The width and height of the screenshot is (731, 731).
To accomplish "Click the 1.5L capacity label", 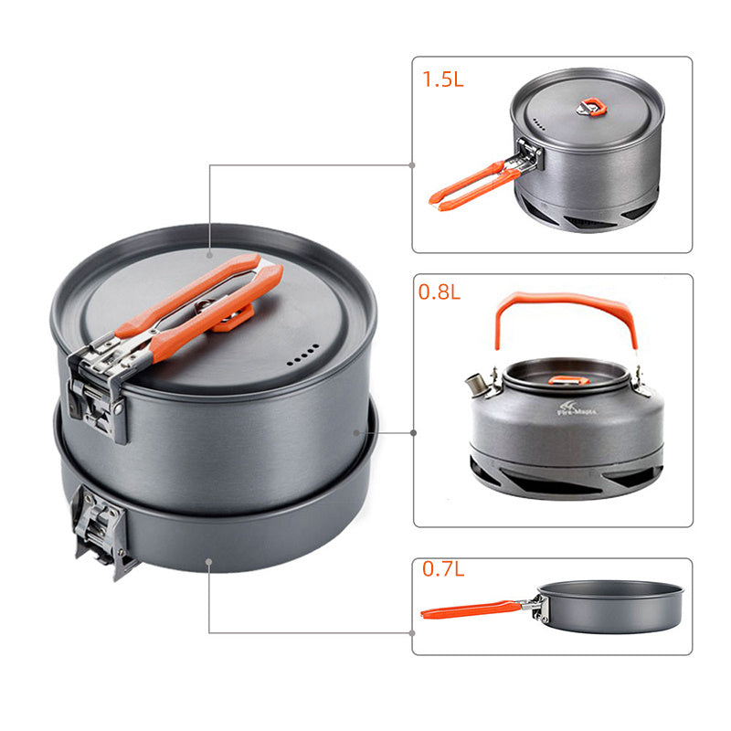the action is pos(443,79).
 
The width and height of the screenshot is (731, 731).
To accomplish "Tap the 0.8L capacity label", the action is pos(440,293).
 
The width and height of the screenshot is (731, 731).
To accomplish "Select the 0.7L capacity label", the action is pos(443,569).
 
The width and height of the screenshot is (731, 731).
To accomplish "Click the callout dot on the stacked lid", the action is pos(209,253).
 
